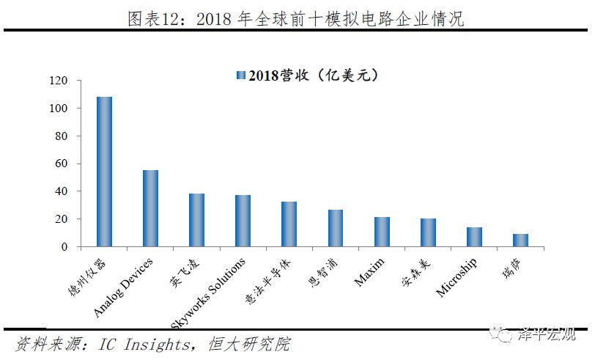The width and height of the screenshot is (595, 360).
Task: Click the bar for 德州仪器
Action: point(104,172)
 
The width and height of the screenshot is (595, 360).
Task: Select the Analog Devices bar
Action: point(150,209)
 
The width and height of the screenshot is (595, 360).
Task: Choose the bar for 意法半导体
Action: point(289,224)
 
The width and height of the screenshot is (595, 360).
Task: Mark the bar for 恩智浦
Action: point(335,229)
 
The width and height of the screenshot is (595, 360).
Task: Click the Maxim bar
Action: point(382,232)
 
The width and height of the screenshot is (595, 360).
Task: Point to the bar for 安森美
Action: point(428,233)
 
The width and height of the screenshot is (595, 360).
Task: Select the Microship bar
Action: point(474,238)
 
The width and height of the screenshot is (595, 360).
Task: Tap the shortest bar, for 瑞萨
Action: point(520,240)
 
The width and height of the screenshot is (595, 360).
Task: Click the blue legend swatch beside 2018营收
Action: point(240,76)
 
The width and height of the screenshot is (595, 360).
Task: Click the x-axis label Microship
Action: point(456,278)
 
